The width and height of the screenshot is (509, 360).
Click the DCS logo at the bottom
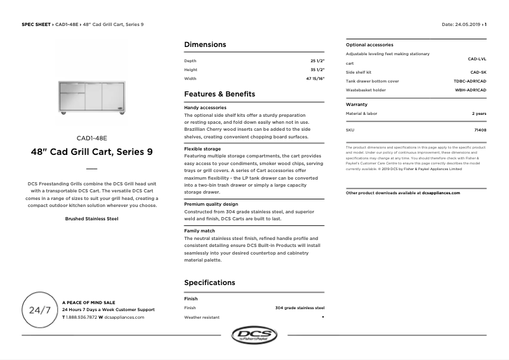(254, 335)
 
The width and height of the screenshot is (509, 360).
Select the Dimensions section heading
(204, 45)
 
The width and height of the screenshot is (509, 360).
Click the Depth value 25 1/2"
(317, 61)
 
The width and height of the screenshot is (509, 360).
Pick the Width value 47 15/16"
(315, 79)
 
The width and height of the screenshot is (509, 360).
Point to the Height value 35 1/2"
(317, 70)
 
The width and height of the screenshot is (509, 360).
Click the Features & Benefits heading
(220, 94)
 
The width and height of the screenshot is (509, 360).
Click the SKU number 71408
(480, 130)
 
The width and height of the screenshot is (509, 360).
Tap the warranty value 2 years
(479, 113)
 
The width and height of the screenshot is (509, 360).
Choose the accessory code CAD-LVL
(477, 58)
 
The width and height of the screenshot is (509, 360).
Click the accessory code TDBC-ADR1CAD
(470, 81)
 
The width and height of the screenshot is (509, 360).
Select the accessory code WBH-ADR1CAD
(470, 90)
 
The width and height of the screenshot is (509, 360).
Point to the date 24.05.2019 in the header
(468, 24)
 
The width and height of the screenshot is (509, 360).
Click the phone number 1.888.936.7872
(81, 317)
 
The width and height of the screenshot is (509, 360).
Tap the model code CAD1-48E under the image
(91, 138)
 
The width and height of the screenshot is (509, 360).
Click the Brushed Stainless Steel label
(91, 218)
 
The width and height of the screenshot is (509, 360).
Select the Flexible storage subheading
(202, 149)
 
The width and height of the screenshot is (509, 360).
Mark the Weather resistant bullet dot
(323, 316)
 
